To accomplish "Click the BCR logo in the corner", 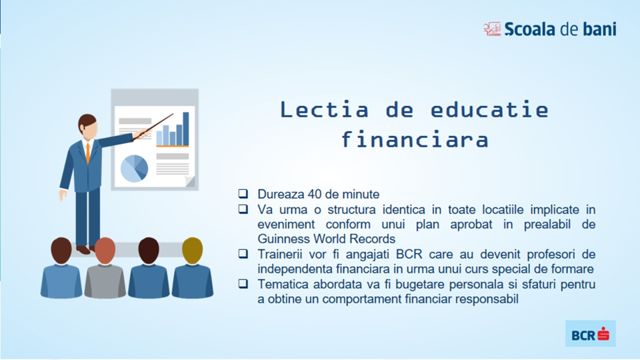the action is click(590, 334).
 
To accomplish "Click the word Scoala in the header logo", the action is click(530, 29).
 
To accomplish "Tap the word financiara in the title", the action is click(415, 139).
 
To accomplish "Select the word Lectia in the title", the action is click(324, 109).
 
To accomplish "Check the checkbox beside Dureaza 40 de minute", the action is click(243, 193).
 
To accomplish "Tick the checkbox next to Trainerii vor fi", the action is click(243, 254).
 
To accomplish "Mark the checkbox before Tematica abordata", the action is click(243, 284).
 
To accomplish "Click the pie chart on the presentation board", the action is click(134, 169).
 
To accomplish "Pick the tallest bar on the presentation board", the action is click(186, 128).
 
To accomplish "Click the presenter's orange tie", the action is click(88, 152).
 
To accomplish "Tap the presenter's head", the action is click(88, 126).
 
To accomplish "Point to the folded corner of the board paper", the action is click(190, 181).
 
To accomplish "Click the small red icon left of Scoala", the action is click(492, 29).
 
